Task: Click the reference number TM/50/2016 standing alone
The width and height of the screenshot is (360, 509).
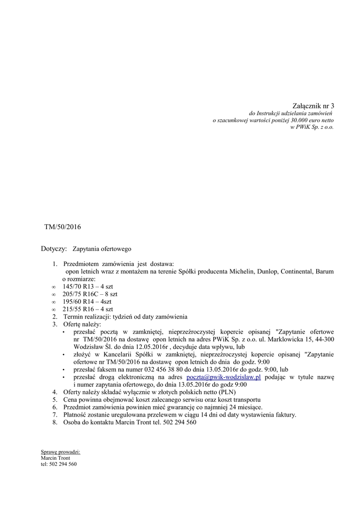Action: point(62,227)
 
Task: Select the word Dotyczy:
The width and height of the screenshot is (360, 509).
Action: point(54,248)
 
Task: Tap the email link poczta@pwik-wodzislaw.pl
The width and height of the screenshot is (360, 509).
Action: point(223,377)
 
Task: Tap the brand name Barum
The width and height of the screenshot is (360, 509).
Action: point(325,272)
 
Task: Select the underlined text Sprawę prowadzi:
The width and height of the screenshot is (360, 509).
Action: point(60,452)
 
